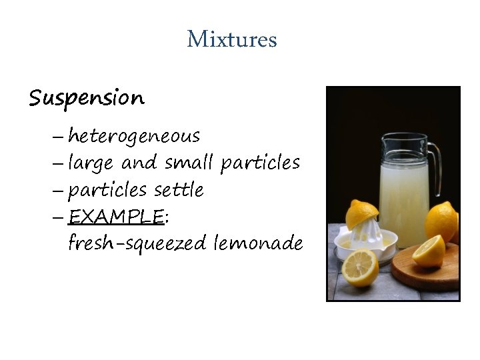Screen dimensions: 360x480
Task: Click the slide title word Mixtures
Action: (231, 39)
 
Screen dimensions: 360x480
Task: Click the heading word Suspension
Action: (86, 99)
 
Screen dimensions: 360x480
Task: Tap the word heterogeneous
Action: (134, 137)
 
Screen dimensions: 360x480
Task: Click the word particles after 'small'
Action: (260, 163)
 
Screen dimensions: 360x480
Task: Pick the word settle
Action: (179, 190)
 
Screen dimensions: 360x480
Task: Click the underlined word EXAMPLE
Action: (116, 217)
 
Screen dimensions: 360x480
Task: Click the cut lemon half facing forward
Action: (360, 267)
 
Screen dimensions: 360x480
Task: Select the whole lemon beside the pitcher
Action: (441, 220)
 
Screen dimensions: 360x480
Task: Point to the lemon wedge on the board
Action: (429, 250)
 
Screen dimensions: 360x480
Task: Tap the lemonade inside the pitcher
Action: (404, 200)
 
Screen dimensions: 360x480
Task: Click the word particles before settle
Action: (108, 191)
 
